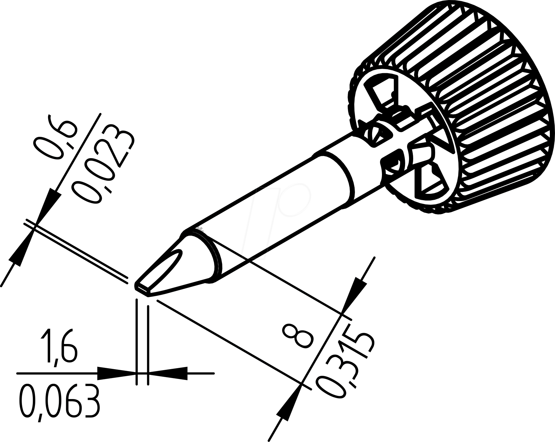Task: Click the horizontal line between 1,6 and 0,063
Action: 57,373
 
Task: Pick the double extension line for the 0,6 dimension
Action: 76,251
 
